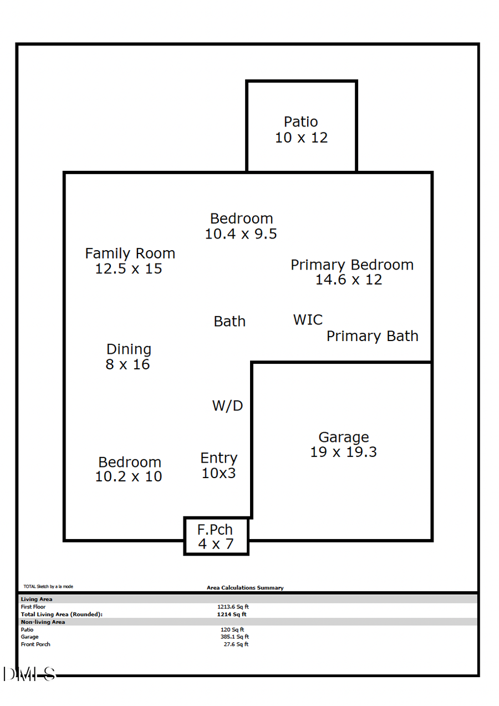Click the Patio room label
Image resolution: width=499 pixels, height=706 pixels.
click(x=301, y=122)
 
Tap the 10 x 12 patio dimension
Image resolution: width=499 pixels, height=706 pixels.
click(x=301, y=138)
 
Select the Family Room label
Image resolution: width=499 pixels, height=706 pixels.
click(x=130, y=253)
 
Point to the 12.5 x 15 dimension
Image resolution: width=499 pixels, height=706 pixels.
click(x=129, y=269)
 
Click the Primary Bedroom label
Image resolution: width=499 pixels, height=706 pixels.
click(x=352, y=265)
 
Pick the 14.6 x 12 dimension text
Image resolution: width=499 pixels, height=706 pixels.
click(x=349, y=280)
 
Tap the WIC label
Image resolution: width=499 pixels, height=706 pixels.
click(x=308, y=320)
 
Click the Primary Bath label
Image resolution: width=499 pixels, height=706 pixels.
click(x=372, y=336)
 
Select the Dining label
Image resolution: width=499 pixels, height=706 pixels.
click(x=129, y=349)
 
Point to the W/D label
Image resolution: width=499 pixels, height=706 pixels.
click(x=227, y=405)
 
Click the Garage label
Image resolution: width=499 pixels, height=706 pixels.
click(x=344, y=438)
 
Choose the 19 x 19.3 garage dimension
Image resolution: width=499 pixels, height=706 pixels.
click(x=343, y=452)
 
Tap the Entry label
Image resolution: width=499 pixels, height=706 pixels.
click(x=219, y=458)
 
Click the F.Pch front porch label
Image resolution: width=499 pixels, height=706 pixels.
click(x=215, y=530)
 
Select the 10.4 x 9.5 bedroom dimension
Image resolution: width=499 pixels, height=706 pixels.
click(x=241, y=234)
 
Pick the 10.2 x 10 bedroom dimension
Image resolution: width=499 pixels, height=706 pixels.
click(x=129, y=476)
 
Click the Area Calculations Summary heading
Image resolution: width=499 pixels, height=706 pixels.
click(x=245, y=588)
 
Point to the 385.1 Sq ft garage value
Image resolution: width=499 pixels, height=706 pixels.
click(x=235, y=637)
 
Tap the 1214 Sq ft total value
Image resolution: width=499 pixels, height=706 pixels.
click(x=232, y=614)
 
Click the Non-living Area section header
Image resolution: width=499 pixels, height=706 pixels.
click(x=43, y=622)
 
